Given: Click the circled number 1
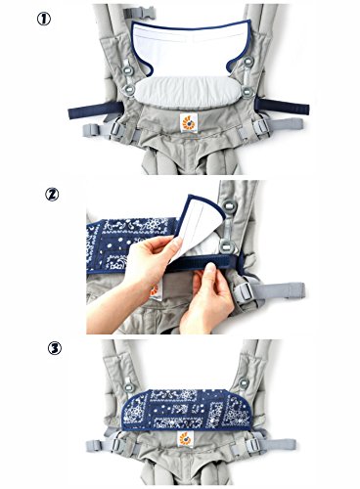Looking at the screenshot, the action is click(x=44, y=19).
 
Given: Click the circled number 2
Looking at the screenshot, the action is click(x=52, y=195).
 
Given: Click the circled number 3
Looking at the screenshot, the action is click(x=55, y=349).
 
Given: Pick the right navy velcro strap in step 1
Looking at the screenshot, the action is click(x=283, y=107).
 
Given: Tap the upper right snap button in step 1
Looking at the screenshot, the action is click(x=248, y=61).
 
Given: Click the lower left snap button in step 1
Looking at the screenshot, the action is click(x=129, y=88).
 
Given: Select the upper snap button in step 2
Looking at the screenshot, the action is click(x=231, y=205).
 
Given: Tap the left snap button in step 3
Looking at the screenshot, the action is click(x=129, y=387).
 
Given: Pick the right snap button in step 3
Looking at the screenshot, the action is click(x=244, y=383).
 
